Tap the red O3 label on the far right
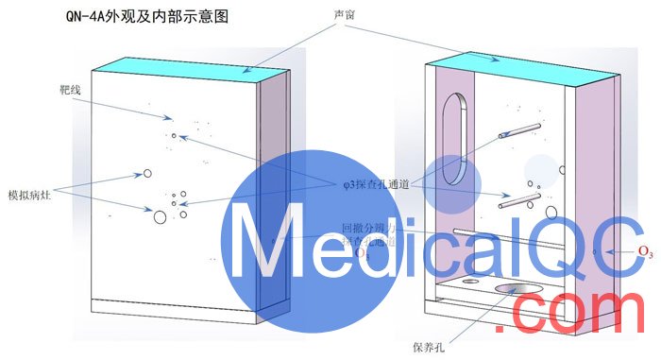(646, 250)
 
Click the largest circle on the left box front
(160, 217)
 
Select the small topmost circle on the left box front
(173, 136)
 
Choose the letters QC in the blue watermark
(577, 241)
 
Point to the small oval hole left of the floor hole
(469, 281)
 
